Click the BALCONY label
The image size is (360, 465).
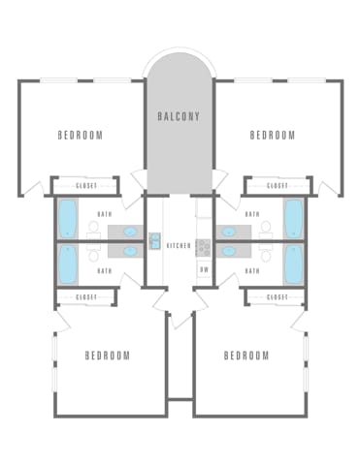pos(179,116)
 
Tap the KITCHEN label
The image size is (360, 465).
pos(179,246)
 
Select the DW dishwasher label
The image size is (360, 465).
pos(205,269)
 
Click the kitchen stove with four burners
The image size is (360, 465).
pos(203,248)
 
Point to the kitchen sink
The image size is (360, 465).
pos(154,241)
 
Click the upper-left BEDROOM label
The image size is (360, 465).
pos(81,135)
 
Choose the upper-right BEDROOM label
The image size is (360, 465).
pos(273,135)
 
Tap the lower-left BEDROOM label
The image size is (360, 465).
pos(108,356)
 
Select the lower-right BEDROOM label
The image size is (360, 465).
pos(246,356)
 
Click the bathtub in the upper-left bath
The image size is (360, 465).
pos(67,219)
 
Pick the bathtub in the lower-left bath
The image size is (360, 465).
pos(68,263)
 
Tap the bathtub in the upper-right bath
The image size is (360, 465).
pos(293,219)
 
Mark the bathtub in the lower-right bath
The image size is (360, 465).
pos(293,263)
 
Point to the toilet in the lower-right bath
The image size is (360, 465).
pos(266,252)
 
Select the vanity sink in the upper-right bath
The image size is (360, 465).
pos(229,232)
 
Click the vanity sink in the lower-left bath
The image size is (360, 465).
pos(130,251)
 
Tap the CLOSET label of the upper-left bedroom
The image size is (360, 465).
pos(86,186)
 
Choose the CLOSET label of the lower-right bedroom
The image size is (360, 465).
pos(278,296)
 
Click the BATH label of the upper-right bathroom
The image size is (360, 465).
pos(252,214)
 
